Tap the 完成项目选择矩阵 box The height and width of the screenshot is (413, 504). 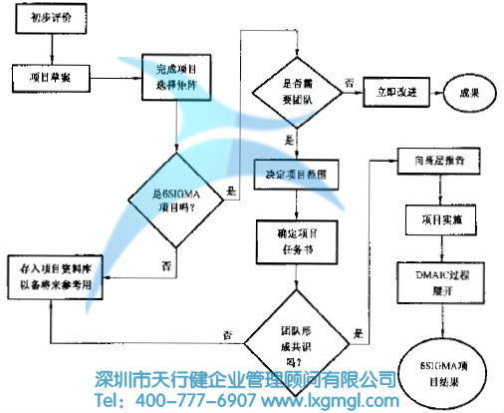click(x=177, y=76)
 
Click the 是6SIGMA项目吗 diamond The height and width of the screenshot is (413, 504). click(x=177, y=200)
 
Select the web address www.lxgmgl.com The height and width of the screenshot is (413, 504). click(x=330, y=400)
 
